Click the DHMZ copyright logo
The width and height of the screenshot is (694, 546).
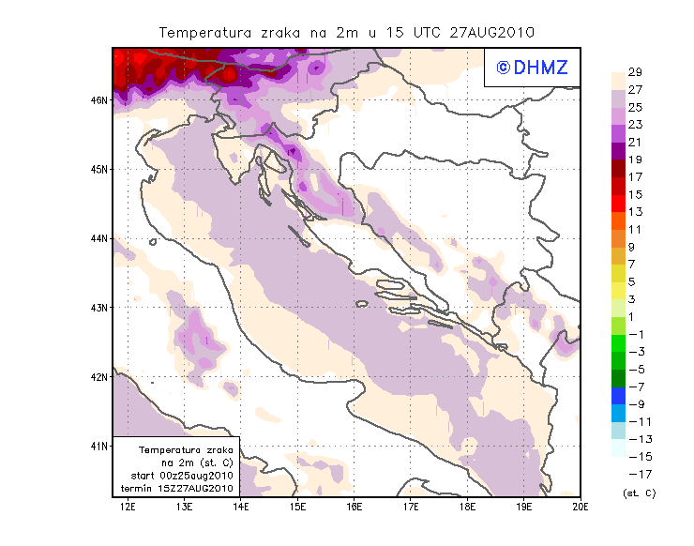point(528,67)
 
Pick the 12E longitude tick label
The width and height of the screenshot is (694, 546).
point(128,508)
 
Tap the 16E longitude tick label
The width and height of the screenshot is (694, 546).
point(355,508)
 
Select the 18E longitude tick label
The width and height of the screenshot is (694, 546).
point(467,508)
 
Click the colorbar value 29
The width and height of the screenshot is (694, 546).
point(635,72)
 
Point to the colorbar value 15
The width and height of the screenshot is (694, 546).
point(635,194)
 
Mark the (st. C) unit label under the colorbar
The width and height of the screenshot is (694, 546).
point(639,493)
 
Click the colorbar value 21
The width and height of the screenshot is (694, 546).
point(635,143)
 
